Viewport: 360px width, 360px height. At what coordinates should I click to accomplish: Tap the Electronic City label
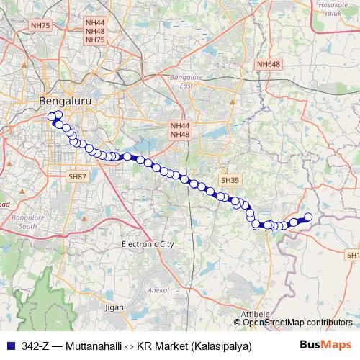pyautogui.click(x=148, y=244)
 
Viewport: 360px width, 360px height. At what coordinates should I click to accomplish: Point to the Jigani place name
pyautogui.click(x=115, y=307)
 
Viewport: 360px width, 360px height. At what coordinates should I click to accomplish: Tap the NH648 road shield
pyautogui.click(x=268, y=64)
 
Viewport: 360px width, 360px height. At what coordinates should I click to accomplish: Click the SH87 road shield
pyautogui.click(x=77, y=176)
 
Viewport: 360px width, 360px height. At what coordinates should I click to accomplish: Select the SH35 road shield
pyautogui.click(x=230, y=180)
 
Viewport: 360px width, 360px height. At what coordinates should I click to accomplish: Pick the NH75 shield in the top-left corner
pyautogui.click(x=40, y=25)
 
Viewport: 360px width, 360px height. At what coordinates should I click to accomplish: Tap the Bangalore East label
pyautogui.click(x=186, y=81)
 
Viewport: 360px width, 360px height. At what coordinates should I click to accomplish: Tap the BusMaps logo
pyautogui.click(x=325, y=345)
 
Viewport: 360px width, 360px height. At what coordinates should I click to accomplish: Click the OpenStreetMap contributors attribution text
pyautogui.click(x=297, y=323)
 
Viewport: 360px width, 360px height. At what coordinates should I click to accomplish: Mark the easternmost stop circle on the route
pyautogui.click(x=308, y=217)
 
